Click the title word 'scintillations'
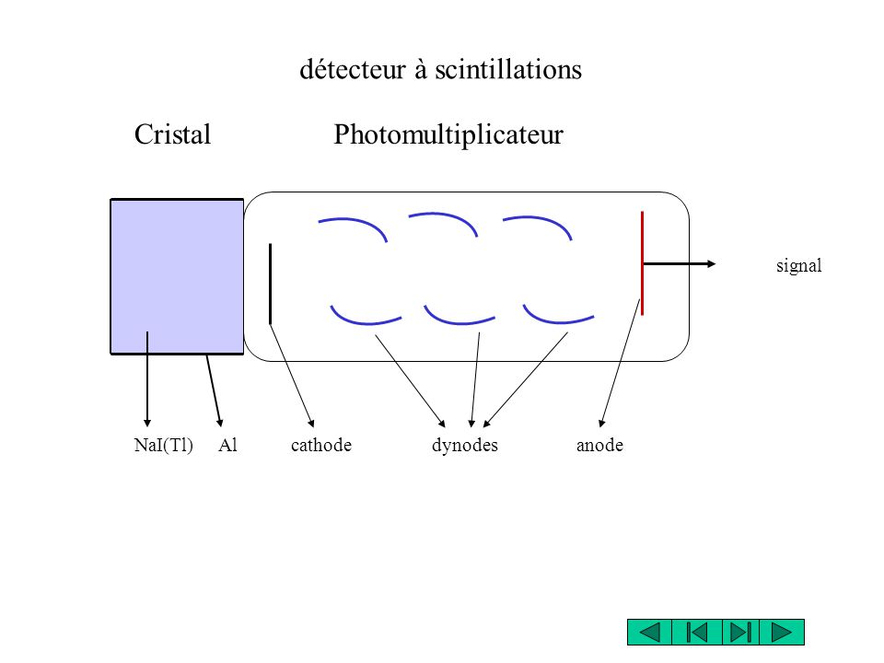[x=508, y=70]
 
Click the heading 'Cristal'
[x=172, y=134]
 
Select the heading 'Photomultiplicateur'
[x=448, y=135]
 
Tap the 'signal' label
[x=799, y=265]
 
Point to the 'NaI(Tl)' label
[x=164, y=446]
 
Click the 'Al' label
[x=227, y=446]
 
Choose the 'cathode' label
[x=321, y=446]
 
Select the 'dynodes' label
[x=464, y=446]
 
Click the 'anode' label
[x=599, y=446]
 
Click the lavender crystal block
[x=177, y=276]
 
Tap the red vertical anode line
[x=642, y=263]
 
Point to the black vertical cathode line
[x=270, y=285]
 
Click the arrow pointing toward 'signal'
[x=680, y=264]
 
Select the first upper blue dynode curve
[x=355, y=221]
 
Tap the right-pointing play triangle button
[x=782, y=632]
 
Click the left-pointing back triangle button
[x=650, y=632]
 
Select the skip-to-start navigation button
[x=697, y=632]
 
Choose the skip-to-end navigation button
[x=740, y=632]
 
